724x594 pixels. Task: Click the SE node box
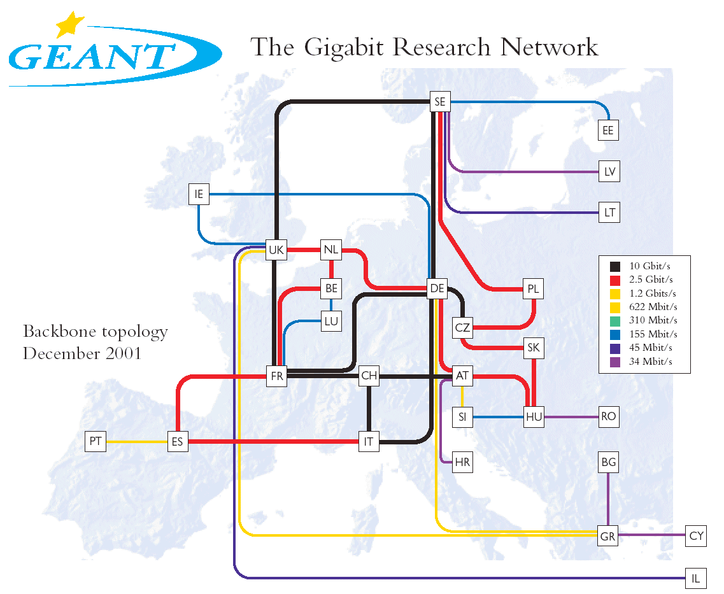click(x=440, y=101)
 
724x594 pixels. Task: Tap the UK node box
click(x=276, y=250)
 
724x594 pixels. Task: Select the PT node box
click(x=96, y=441)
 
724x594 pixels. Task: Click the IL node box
click(x=696, y=578)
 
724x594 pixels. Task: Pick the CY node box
click(x=696, y=536)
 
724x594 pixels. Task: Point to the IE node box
click(x=199, y=194)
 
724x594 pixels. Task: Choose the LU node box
click(x=331, y=322)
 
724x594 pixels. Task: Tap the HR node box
click(x=462, y=462)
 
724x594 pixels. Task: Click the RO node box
click(x=609, y=417)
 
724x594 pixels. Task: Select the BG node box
click(x=609, y=462)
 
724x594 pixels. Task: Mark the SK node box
click(x=534, y=348)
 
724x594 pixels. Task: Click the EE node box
click(x=608, y=130)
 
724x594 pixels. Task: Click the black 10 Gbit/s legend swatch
click(x=615, y=266)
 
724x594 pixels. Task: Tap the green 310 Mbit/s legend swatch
click(x=615, y=321)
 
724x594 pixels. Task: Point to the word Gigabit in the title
click(x=344, y=48)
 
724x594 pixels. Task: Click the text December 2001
click(x=82, y=353)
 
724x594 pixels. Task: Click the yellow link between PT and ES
click(x=137, y=442)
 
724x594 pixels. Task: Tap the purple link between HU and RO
click(x=571, y=417)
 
